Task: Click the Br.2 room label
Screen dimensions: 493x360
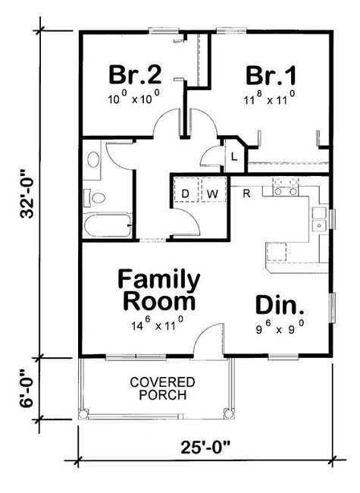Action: pos(135,75)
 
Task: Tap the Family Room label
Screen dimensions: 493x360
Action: pos(159,290)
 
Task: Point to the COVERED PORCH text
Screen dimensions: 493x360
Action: pos(162,388)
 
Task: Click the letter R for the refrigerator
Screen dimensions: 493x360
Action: pos(246,193)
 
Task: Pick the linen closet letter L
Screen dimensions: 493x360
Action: pos(234,157)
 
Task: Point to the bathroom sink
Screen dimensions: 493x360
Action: pos(93,160)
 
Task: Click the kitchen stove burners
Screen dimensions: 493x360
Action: pos(283,187)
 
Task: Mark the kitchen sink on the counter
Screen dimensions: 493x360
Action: pos(319,219)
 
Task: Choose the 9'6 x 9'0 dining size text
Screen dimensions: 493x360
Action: pos(280,329)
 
